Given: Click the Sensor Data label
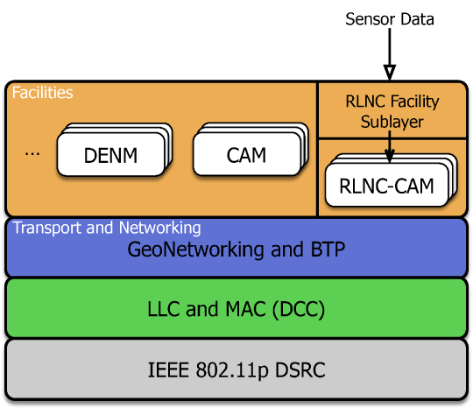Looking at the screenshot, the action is (390, 19).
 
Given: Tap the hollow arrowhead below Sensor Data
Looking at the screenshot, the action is (390, 73).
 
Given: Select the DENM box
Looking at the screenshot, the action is (110, 154).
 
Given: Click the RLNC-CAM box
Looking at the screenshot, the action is (387, 185).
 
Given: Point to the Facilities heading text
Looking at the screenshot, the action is (43, 93).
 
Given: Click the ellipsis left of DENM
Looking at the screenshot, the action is (32, 154).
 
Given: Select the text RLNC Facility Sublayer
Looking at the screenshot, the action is (392, 111).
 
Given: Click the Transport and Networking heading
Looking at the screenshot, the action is (107, 228).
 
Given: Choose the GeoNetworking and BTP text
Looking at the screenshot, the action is (236, 250).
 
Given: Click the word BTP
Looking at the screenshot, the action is (328, 250).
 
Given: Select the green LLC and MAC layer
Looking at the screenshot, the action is (236, 307).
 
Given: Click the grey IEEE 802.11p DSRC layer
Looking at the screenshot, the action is (236, 369).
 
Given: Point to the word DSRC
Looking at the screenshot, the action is (300, 370).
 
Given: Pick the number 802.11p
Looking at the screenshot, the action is (232, 371).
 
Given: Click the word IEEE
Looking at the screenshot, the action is (168, 370).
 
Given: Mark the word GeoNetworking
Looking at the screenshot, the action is (196, 250).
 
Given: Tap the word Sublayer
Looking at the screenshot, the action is (392, 122).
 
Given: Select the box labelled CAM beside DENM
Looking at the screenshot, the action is (247, 154).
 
